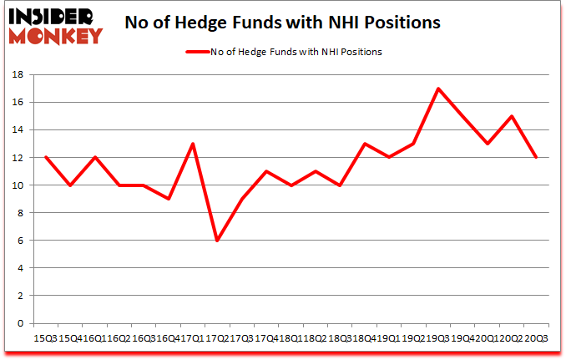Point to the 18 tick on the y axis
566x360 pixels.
[x=18, y=75]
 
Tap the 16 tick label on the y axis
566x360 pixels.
[x=18, y=103]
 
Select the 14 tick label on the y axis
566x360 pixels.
[x=18, y=130]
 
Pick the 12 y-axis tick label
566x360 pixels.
[x=18, y=158]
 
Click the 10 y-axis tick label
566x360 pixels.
[x=18, y=185]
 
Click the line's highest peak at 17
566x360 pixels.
[x=437, y=89]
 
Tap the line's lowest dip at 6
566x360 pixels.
[x=218, y=241]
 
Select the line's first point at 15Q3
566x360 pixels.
[x=46, y=157]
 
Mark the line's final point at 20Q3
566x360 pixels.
[x=535, y=157]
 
